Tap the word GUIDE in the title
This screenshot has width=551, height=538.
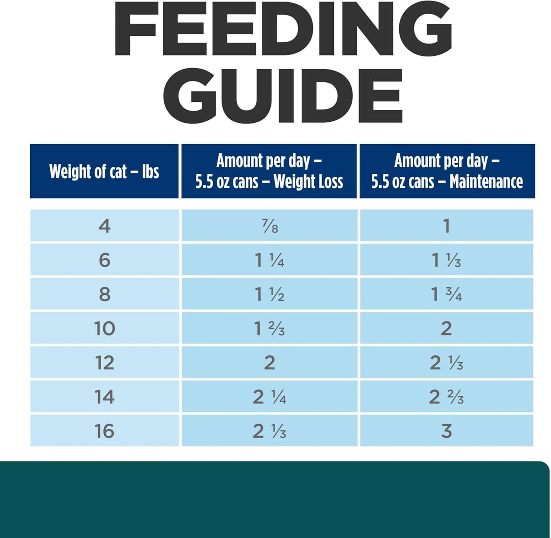click(283, 95)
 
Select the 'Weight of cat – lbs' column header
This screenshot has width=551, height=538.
click(104, 171)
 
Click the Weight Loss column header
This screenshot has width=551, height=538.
click(269, 171)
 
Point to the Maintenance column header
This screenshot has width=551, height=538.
click(447, 171)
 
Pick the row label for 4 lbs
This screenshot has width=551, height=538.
click(104, 226)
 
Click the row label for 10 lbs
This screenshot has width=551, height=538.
click(104, 328)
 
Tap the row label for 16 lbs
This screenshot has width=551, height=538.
click(104, 431)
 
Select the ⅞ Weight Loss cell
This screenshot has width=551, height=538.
click(270, 226)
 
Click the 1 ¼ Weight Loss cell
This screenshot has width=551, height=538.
click(269, 260)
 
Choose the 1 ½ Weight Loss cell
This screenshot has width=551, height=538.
click(269, 294)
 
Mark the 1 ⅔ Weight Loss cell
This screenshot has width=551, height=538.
click(269, 328)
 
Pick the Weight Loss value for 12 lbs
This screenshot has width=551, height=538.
click(269, 362)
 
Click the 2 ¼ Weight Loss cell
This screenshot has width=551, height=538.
click(269, 397)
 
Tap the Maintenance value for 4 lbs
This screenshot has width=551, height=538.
click(447, 226)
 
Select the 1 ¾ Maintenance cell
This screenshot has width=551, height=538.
click(446, 294)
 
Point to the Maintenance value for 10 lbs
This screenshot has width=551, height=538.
click(446, 328)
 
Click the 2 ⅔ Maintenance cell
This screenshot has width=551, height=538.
click(446, 397)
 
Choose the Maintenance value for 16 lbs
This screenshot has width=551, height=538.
click(446, 431)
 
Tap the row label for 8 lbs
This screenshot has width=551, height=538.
click(104, 294)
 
